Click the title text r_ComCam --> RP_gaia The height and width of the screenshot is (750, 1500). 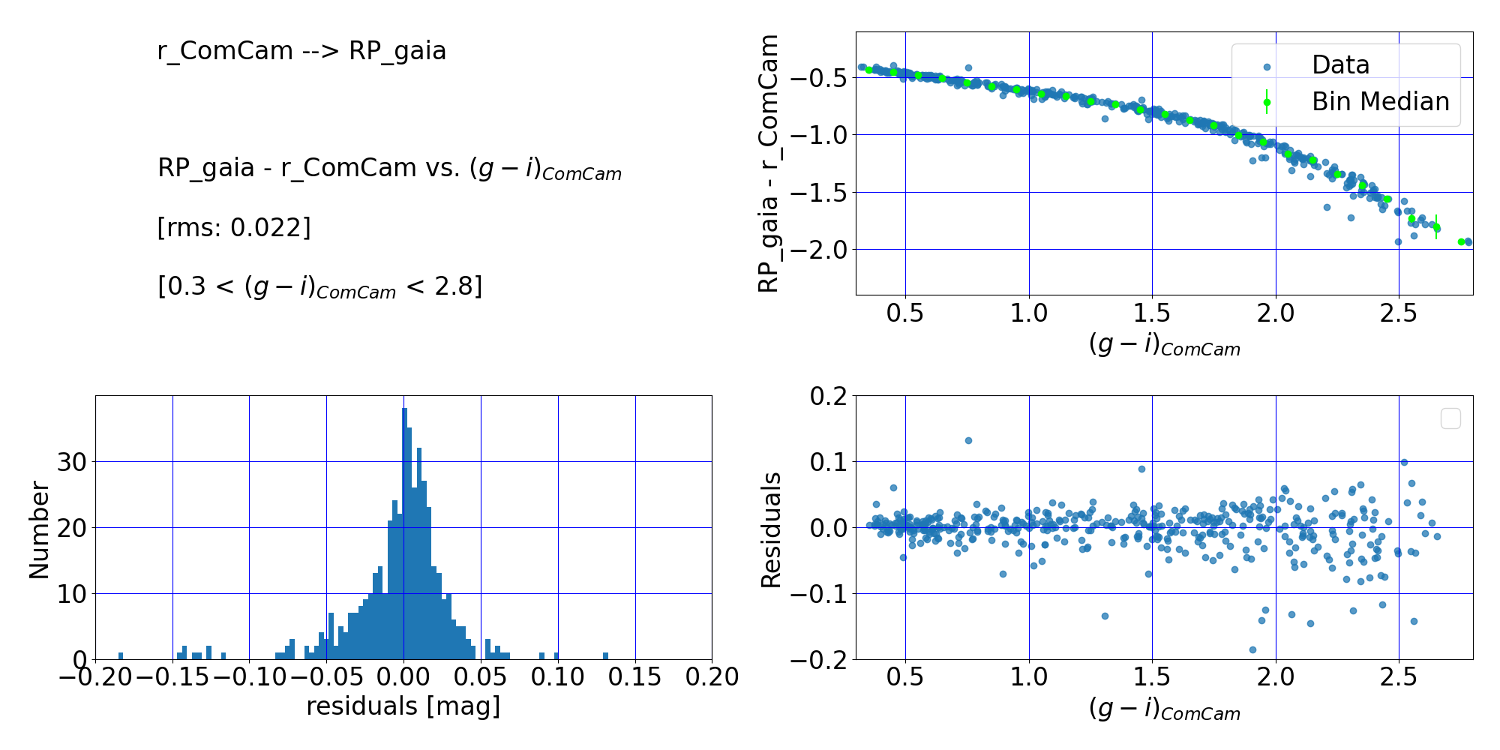coord(301,51)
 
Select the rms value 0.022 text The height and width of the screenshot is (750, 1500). coord(234,227)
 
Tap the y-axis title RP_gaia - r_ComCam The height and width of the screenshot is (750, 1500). coord(769,163)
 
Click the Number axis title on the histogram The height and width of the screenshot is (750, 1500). coord(39,529)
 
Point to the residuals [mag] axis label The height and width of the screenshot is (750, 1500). coord(403,706)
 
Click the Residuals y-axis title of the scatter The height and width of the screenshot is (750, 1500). coord(771,529)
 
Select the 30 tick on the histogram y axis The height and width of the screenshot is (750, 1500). coord(72,462)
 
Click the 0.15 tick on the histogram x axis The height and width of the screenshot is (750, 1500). coord(634,677)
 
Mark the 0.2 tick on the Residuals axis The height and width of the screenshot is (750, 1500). coord(828,396)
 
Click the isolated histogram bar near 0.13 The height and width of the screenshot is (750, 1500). coord(605,656)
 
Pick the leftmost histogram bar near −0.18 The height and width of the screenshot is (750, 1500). coord(121,656)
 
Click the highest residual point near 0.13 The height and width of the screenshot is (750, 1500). coord(968,440)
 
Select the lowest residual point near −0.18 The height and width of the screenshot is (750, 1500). coord(1252,649)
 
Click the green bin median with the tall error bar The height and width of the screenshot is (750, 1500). coord(1436,227)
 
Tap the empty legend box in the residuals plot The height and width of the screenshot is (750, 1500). coord(1450,418)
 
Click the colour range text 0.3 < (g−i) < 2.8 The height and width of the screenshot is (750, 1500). coord(319,286)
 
